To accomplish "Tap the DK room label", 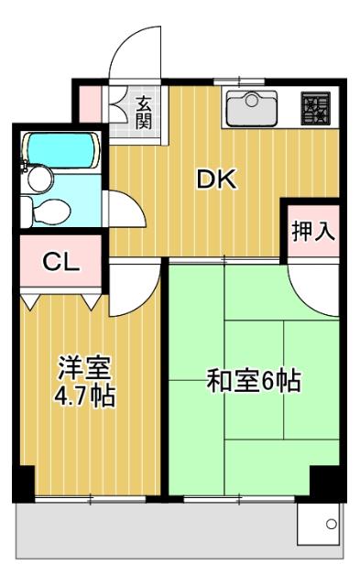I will pyautogui.click(x=216, y=179).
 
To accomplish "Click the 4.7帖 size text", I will pyautogui.click(x=84, y=397).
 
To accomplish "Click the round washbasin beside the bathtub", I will pyautogui.click(x=38, y=180).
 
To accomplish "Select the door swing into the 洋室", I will pyautogui.click(x=134, y=286).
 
